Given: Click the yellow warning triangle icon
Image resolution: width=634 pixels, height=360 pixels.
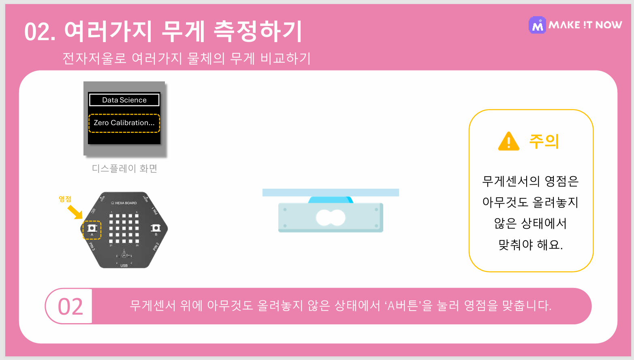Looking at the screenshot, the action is point(508,142).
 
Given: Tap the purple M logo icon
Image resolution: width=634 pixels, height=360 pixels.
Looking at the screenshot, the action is point(537,25).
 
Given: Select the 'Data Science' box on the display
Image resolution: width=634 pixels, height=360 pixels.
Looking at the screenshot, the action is point(124,100).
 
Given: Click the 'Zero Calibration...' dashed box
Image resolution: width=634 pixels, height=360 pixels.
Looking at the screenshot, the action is point(124,123).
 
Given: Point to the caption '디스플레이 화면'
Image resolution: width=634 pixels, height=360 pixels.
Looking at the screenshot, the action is point(124,168).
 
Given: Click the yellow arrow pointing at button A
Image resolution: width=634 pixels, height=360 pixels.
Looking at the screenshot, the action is point(75,212).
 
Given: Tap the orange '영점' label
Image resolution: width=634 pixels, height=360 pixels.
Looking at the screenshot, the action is point(65,199).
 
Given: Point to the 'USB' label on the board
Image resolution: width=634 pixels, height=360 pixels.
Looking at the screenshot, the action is point(124,266).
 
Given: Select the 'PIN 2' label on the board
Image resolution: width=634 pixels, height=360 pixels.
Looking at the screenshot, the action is point(156,247).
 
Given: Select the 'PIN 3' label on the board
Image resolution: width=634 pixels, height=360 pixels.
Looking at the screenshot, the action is point(92,247).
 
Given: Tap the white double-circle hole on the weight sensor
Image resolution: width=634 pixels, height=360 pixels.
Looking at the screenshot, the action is point(331,218).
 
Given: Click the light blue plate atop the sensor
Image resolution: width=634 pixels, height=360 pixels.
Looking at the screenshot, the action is point(331,192).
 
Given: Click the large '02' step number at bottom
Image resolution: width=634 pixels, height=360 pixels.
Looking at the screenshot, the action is point(70,307).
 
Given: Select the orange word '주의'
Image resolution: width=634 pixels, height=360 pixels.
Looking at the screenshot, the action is point(544,141).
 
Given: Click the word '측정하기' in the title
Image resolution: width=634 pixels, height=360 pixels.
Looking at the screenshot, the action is point(258,32).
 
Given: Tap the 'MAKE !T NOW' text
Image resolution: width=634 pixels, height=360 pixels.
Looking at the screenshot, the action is point(585,25).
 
